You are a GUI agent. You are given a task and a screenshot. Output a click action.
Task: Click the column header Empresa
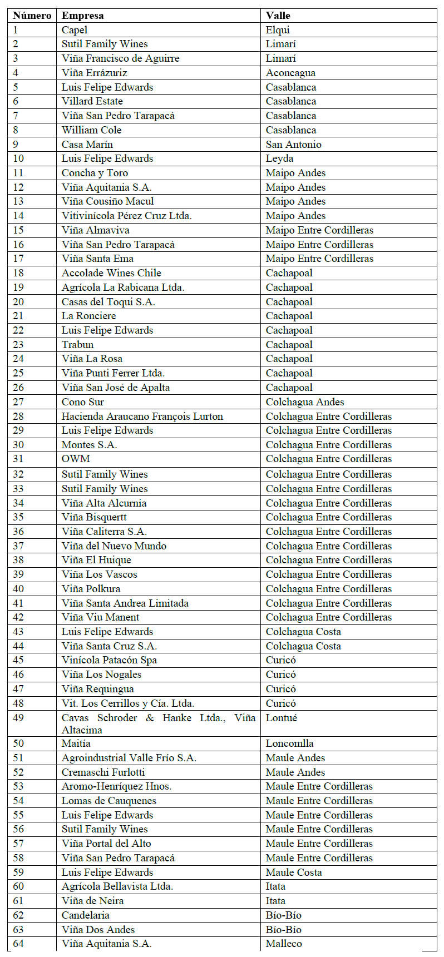coord(82,16)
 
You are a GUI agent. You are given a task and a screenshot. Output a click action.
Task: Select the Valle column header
coord(278,16)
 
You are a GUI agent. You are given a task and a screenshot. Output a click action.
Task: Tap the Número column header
coord(32,16)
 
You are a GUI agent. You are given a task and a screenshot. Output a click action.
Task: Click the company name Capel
coord(75,30)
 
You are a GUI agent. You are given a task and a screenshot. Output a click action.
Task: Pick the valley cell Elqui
coord(278,30)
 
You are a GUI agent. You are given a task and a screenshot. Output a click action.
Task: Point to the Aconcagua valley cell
coord(290,73)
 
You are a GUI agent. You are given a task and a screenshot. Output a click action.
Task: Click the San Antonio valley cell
coord(293,145)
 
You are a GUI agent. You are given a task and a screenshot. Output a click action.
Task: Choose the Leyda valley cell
coord(279,158)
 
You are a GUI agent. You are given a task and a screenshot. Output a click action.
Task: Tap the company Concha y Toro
coord(95,173)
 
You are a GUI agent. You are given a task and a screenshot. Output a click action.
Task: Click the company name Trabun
coord(77,345)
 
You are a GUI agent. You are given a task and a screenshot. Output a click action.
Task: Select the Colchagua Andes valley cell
coord(305,402)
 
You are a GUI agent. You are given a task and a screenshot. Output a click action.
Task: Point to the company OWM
coord(76,459)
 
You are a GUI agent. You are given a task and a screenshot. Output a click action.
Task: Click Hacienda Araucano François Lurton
coord(142,416)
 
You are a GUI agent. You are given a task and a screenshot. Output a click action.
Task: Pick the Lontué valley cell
coord(281,718)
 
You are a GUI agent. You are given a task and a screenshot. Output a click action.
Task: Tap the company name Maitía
coord(76,743)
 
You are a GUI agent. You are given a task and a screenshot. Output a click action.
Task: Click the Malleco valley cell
coord(284,944)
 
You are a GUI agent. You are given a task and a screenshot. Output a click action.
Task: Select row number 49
coord(19,718)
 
